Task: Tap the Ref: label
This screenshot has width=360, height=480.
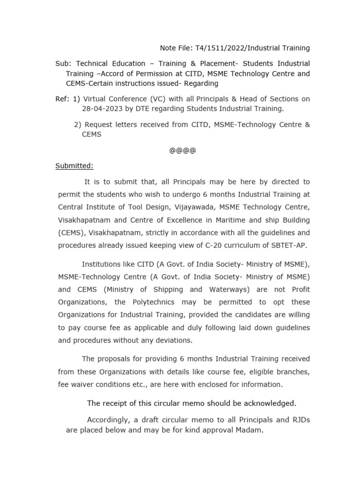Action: [x=62, y=99]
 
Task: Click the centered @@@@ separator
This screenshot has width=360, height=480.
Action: [x=182, y=150]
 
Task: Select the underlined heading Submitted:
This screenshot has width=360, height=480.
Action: [x=75, y=166]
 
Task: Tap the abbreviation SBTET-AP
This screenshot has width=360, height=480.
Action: [x=292, y=245]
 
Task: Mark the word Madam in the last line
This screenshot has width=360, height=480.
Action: [x=251, y=430]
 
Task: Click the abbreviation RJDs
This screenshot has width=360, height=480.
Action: [x=299, y=420]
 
